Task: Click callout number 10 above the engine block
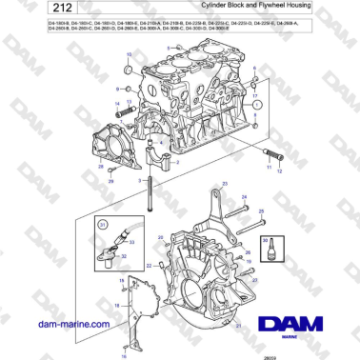pos(130,57)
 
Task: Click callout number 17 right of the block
pos(254,97)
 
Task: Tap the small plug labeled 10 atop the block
pos(130,70)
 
